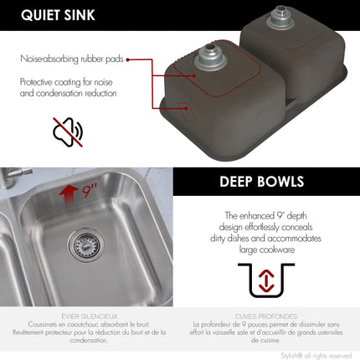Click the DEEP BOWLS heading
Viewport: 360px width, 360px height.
coord(261,182)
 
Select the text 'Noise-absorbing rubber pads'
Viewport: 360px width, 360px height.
coord(73,59)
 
